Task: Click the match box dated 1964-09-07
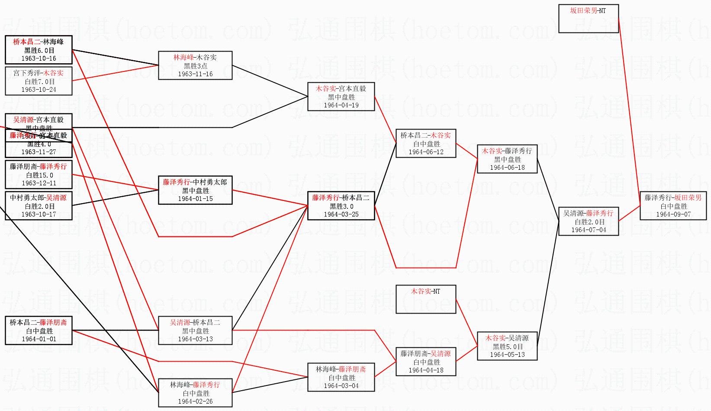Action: click(x=673, y=206)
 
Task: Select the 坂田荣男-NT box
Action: click(x=588, y=19)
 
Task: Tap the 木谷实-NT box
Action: click(x=426, y=299)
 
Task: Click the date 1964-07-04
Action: click(x=589, y=230)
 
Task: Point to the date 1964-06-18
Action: click(x=507, y=168)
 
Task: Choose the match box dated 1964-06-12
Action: click(x=426, y=143)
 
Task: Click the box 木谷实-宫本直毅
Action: click(x=341, y=96)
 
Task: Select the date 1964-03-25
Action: click(x=341, y=214)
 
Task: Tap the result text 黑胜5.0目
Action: click(x=508, y=346)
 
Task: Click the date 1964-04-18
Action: click(x=426, y=370)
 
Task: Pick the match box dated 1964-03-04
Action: click(x=341, y=377)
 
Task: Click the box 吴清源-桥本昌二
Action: click(x=195, y=330)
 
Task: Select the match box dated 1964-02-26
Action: click(x=195, y=393)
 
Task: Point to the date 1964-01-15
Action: click(x=195, y=199)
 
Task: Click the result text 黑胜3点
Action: click(x=195, y=66)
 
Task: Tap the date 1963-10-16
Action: click(x=39, y=58)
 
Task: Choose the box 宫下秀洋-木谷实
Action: click(x=39, y=81)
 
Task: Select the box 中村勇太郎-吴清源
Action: click(x=39, y=206)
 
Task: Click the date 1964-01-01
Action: click(x=39, y=339)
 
